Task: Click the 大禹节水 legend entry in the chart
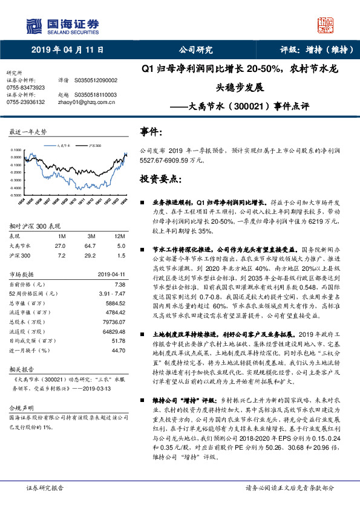click(x=64, y=146)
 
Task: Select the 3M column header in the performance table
click(x=91, y=235)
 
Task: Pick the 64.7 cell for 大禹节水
click(x=91, y=246)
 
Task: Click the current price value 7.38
click(x=119, y=284)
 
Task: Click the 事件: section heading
click(x=151, y=132)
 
